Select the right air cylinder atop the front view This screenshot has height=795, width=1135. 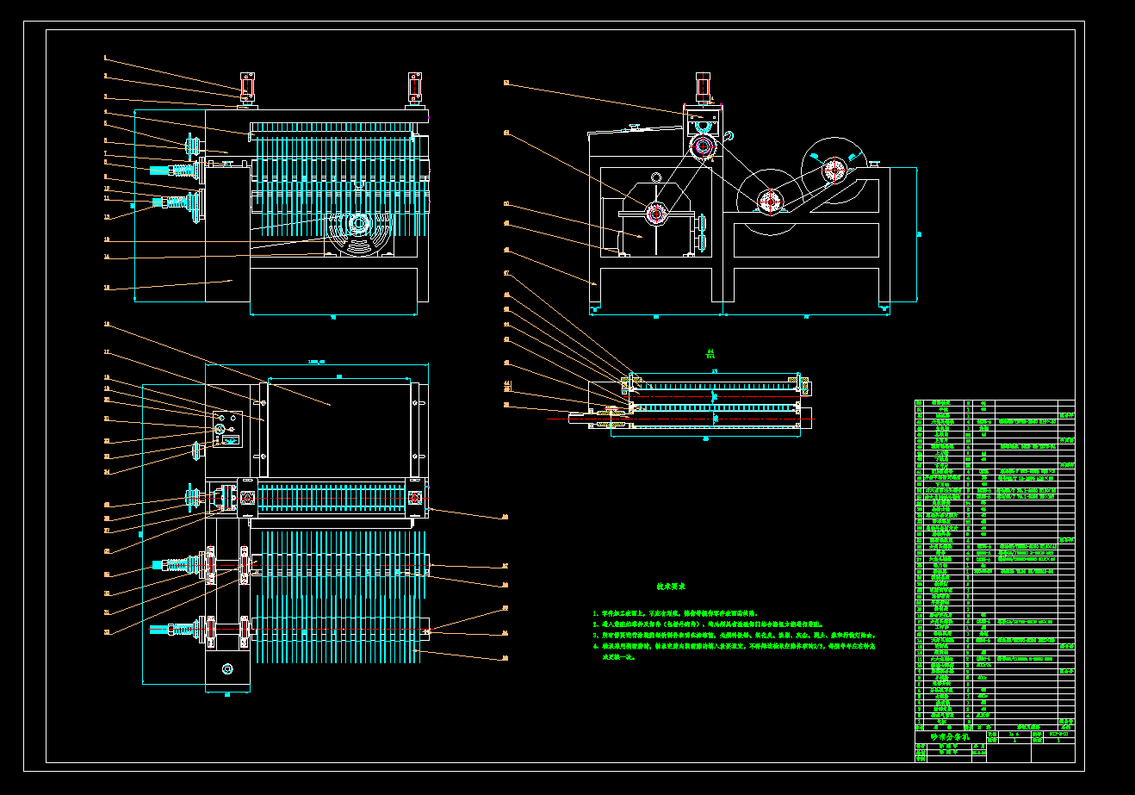tap(415, 87)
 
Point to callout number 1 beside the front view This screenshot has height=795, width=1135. tap(105, 59)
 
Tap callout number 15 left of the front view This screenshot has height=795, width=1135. tap(106, 288)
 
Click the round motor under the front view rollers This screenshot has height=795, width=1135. tap(357, 224)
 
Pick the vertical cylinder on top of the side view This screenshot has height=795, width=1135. tap(703, 88)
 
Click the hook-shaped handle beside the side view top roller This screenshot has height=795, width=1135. tap(729, 134)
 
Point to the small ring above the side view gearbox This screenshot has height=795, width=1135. tap(656, 177)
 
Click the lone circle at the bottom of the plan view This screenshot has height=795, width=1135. tap(227, 668)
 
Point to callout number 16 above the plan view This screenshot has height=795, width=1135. tap(106, 325)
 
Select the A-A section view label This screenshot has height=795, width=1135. tap(709, 352)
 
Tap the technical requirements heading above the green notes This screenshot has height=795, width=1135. tap(669, 586)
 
